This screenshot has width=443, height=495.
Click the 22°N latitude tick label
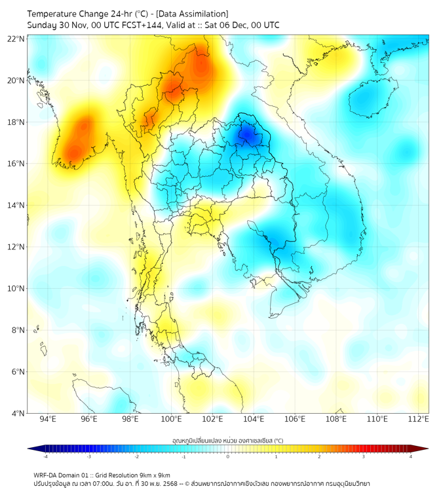[x=16, y=39]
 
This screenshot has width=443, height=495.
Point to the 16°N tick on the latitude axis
[x=16, y=164]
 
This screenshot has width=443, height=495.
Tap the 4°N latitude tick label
[x=18, y=413]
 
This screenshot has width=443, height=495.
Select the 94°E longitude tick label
[x=48, y=419]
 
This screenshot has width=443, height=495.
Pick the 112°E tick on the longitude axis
[x=418, y=419]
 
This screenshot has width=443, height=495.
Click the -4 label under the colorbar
[x=45, y=456]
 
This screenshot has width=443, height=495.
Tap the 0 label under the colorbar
[x=228, y=456]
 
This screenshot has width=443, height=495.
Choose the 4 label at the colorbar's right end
[x=411, y=456]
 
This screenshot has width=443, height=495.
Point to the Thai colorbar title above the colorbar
[x=227, y=440]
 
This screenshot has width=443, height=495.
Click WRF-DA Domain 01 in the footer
[x=60, y=475]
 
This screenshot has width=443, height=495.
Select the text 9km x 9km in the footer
[x=155, y=475]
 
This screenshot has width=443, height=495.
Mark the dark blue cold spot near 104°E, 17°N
[x=247, y=135]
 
